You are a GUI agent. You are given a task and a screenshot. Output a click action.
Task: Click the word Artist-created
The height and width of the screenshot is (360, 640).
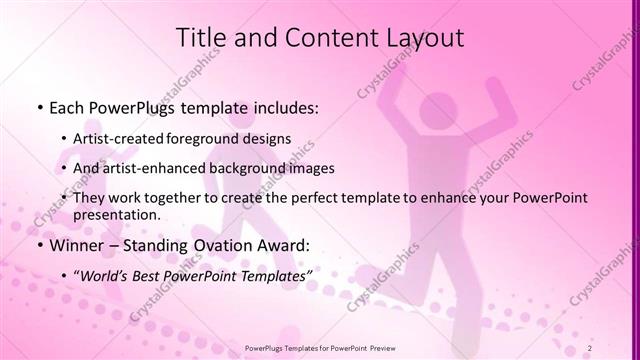tap(118, 138)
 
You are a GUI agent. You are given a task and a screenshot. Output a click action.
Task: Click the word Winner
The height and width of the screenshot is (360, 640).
tap(77, 245)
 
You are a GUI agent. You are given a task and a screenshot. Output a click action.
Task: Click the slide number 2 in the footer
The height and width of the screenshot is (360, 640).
tap(618, 348)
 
